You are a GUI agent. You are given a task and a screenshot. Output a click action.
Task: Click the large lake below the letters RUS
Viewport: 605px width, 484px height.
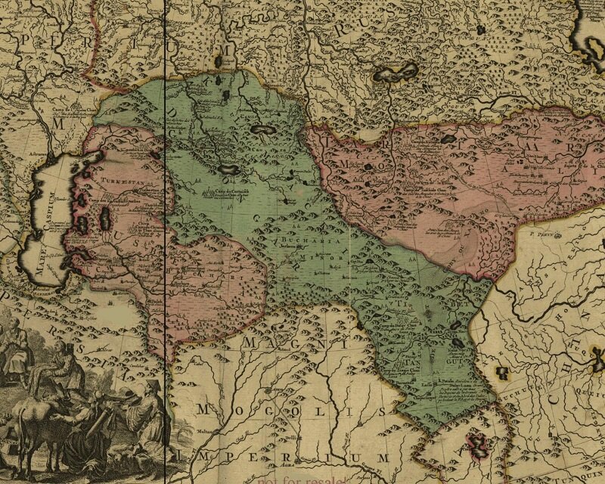coord(396,73)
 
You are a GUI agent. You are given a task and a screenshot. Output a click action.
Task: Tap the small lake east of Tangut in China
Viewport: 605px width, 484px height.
coord(501,372)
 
